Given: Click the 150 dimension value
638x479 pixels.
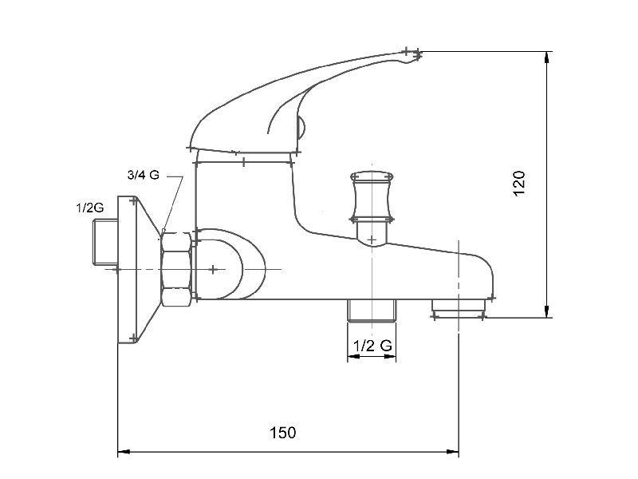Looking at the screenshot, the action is tap(283, 433).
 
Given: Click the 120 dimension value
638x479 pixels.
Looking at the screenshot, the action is tap(519, 184).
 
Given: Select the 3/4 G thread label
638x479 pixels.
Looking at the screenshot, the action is tap(144, 175).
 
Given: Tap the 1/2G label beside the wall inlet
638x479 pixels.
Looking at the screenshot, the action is tap(90, 208).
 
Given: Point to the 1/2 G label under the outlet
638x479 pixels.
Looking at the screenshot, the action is tap(372, 346).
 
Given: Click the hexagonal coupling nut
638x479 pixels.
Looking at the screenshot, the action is tap(175, 269).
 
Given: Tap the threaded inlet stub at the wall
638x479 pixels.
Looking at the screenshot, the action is tap(105, 242).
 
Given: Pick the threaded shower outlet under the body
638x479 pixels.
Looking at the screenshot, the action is tap(372, 311).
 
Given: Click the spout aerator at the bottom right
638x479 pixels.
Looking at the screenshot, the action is tap(459, 308).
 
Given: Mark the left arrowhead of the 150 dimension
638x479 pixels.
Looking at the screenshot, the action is tap(124, 452).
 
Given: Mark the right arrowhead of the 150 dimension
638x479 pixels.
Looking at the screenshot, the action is tap(452, 452).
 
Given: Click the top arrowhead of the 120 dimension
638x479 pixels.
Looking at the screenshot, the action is tap(547, 57).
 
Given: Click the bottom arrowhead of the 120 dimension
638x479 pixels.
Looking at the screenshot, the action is tap(547, 311).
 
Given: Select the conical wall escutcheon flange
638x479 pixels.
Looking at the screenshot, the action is tap(137, 270).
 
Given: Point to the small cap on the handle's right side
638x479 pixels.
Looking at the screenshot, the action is tap(301, 128).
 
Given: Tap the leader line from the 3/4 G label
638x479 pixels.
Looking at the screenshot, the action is tap(174, 203).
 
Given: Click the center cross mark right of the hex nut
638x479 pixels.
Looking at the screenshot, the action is tap(213, 269).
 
